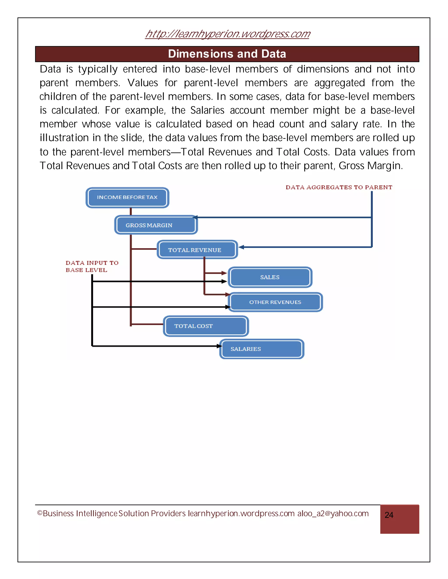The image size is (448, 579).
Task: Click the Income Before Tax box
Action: click(127, 198)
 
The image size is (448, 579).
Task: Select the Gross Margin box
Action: click(156, 225)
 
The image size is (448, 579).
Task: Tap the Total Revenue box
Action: click(197, 250)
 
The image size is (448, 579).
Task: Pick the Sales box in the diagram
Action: click(270, 277)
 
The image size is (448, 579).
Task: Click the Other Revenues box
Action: click(275, 302)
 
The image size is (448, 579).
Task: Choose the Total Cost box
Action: click(206, 326)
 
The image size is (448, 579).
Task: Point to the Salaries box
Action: click(261, 349)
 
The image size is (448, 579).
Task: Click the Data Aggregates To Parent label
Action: click(339, 187)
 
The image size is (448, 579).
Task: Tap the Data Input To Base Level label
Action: click(92, 266)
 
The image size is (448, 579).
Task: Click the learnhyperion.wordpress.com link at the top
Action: click(227, 34)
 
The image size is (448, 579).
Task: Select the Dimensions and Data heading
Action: click(227, 54)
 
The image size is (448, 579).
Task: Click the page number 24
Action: click(389, 515)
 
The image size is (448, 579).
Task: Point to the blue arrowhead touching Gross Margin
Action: click(195, 217)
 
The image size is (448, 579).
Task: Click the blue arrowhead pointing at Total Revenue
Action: click(241, 247)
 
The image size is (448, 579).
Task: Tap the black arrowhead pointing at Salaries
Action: click(219, 346)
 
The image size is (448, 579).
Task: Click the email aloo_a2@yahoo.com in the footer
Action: click(333, 513)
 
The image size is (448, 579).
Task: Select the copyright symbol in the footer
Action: click(40, 513)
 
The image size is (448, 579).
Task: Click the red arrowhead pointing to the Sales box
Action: click(224, 273)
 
